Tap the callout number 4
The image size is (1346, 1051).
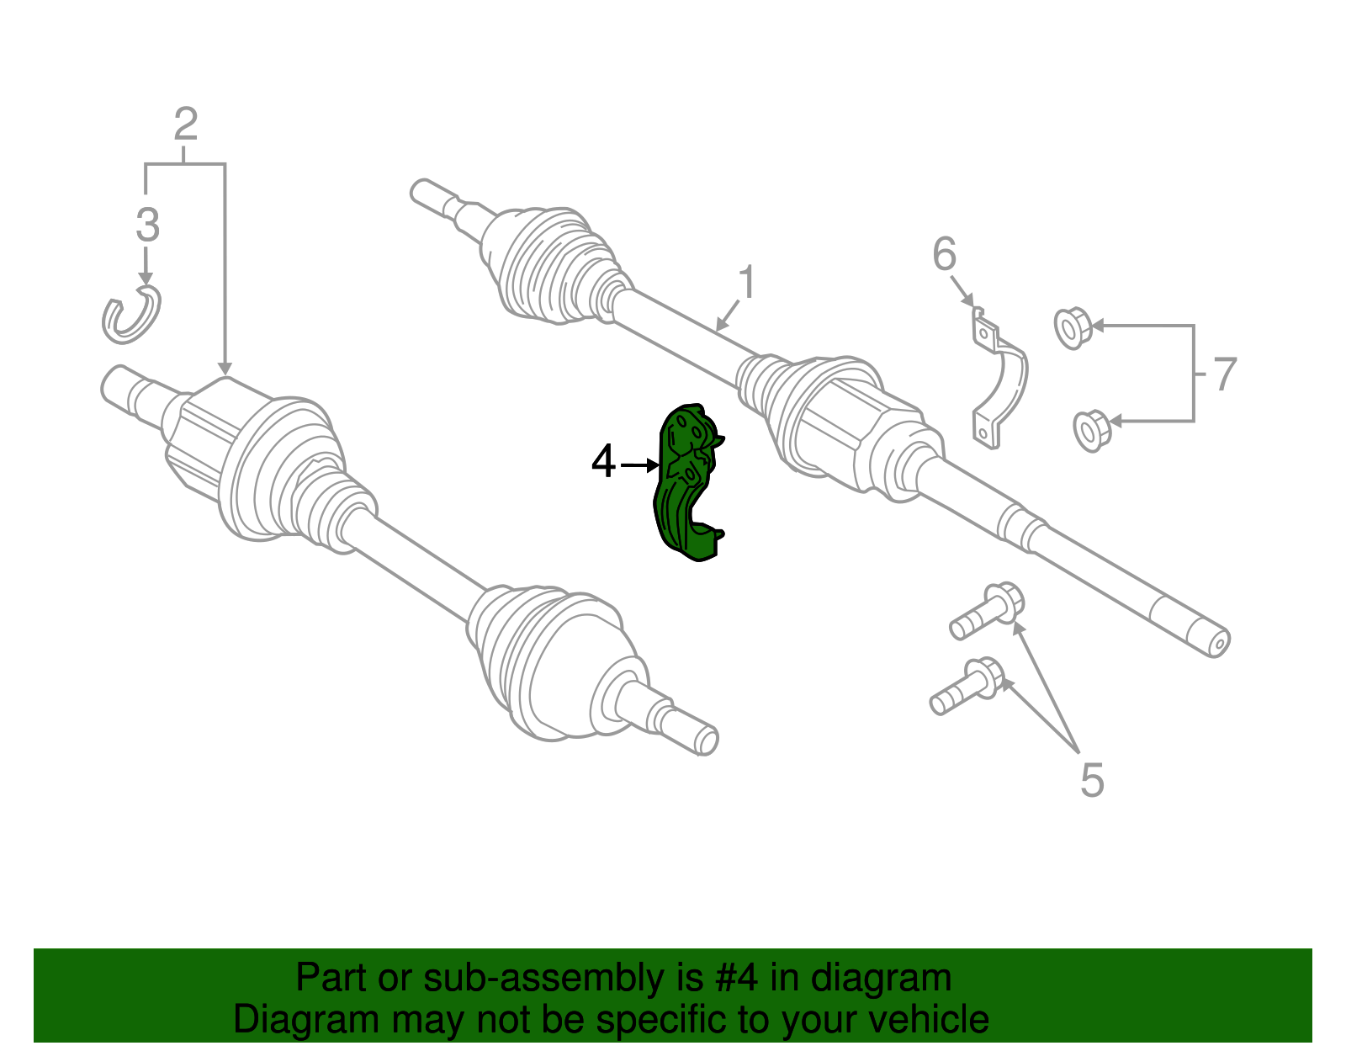click(x=603, y=462)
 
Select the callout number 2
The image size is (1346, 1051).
click(x=185, y=125)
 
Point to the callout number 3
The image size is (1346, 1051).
click(x=147, y=225)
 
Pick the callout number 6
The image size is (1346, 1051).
click(x=945, y=253)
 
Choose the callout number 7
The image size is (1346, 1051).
click(x=1224, y=374)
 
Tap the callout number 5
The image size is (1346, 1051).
click(x=1091, y=780)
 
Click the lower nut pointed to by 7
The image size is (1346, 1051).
click(x=1092, y=430)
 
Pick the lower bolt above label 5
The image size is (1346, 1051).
click(x=967, y=687)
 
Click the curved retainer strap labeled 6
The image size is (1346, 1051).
click(x=1001, y=379)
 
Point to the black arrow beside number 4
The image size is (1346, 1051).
click(x=640, y=464)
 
